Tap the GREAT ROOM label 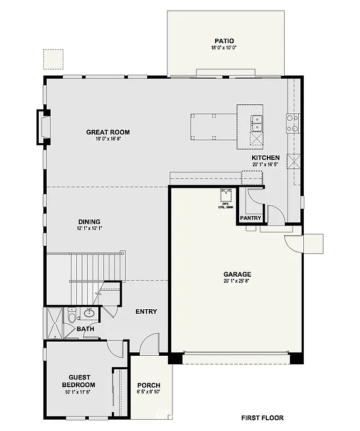coord(108,132)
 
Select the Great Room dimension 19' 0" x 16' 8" coord(108,139)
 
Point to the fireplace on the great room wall coord(43,127)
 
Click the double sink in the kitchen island coord(256,120)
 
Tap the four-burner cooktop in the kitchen coord(293,123)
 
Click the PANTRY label coord(250,218)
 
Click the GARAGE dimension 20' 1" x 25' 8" coord(236,281)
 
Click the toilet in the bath coord(72,317)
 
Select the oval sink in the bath coord(89,313)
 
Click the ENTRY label coord(146,311)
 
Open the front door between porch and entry coord(148,343)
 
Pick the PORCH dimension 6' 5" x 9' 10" coord(149,392)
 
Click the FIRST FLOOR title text coord(262,418)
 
